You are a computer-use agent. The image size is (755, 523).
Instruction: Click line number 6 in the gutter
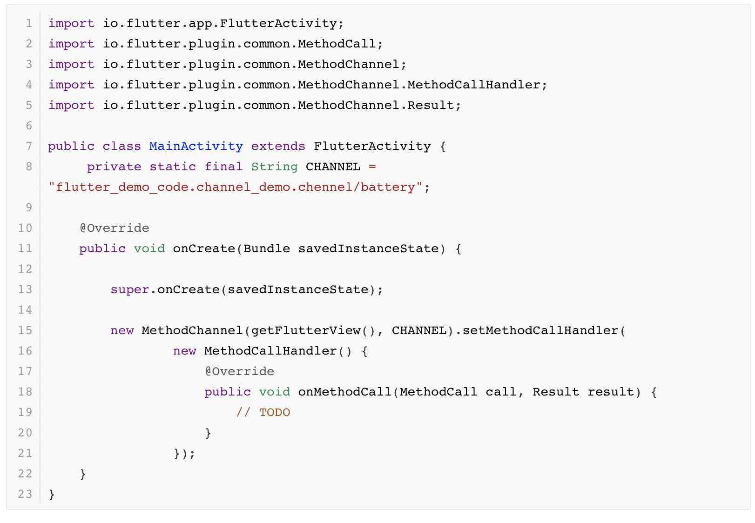[29, 126]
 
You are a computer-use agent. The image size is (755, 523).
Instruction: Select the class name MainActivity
[196, 146]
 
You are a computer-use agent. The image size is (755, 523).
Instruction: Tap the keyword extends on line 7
[278, 146]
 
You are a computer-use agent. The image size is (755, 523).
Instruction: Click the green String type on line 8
[274, 167]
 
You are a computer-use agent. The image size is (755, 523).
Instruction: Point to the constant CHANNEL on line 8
[333, 167]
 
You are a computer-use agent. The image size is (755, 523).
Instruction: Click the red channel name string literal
[235, 187]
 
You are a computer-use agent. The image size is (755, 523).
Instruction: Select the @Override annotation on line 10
[115, 228]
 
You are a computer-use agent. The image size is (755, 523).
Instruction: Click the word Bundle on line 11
[266, 248]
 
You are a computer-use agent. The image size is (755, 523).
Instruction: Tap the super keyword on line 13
[129, 289]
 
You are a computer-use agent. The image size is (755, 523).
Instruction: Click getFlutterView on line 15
[305, 330]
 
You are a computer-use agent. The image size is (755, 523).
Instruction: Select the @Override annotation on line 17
[239, 371]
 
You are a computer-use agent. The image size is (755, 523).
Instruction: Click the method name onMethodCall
[344, 392]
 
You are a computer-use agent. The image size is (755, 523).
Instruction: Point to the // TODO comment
[263, 412]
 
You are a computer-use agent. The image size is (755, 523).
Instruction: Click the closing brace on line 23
[52, 494]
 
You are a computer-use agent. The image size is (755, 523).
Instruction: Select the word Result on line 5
[431, 105]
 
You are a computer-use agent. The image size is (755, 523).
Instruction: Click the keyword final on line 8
[223, 167]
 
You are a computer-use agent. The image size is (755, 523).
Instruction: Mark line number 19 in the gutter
[25, 412]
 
